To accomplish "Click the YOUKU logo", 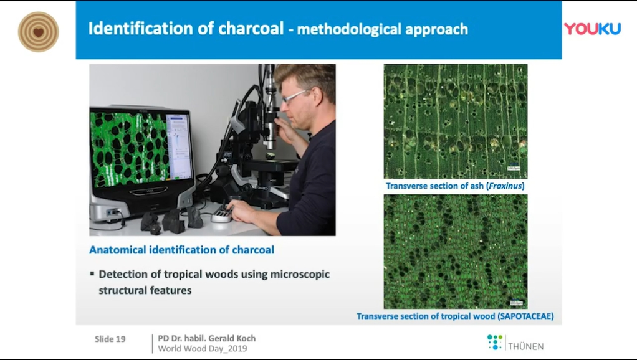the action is click(592, 29).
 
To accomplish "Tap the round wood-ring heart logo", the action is click(39, 32).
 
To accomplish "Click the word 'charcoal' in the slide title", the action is click(251, 29).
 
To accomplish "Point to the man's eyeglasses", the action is click(295, 96).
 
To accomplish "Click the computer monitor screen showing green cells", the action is click(141, 148).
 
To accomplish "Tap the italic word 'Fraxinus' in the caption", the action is click(505, 186).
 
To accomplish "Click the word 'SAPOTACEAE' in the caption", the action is click(525, 316).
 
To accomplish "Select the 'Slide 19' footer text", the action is click(110, 339).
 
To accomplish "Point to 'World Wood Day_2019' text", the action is click(203, 349).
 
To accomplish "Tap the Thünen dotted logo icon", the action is click(494, 342).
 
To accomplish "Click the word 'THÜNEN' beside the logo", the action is click(525, 346).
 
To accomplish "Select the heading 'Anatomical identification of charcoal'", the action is click(181, 250).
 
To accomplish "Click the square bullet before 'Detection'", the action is click(92, 273).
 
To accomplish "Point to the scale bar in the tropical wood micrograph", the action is click(516, 303).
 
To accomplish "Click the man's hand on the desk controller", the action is click(241, 211).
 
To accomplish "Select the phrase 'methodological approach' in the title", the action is click(383, 29).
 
